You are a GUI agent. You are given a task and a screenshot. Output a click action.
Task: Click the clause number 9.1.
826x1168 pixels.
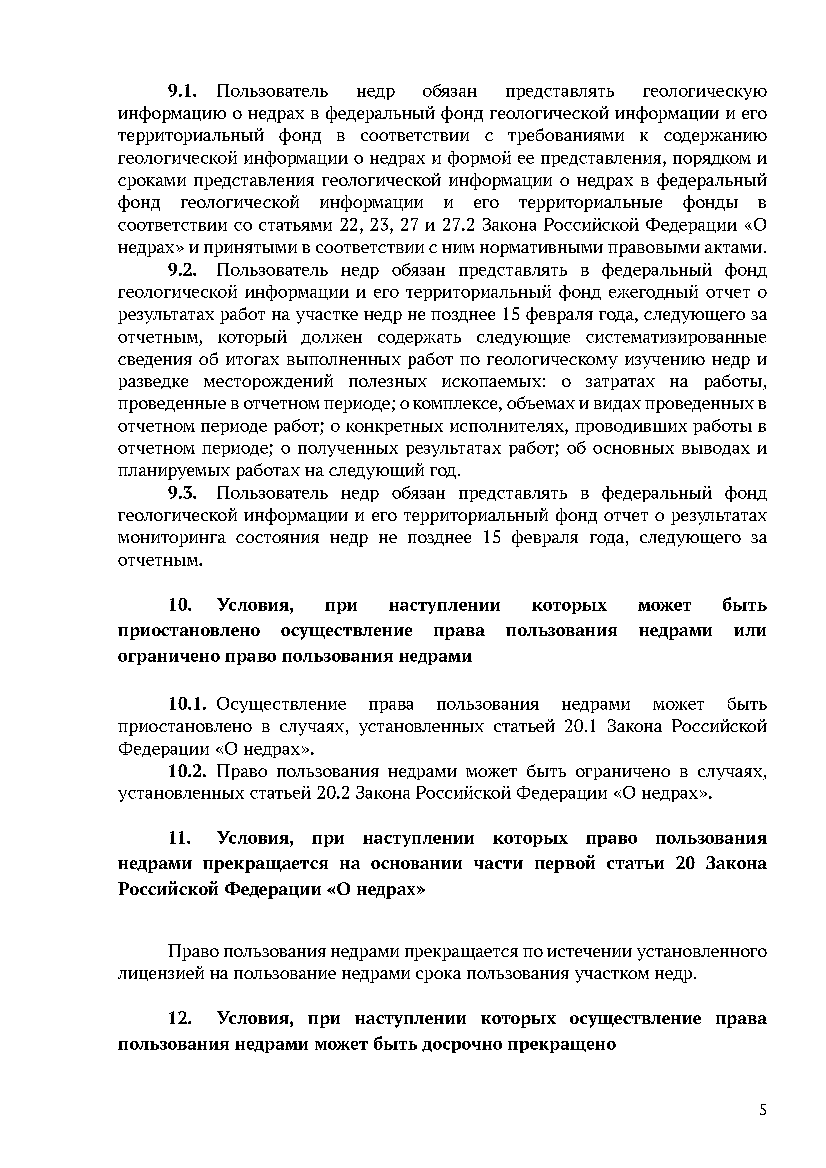click(x=182, y=91)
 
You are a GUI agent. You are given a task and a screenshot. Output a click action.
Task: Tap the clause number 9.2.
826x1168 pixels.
click(x=182, y=270)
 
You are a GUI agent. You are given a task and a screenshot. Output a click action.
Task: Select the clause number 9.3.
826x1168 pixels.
click(x=182, y=493)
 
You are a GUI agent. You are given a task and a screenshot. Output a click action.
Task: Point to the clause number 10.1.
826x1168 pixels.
click(x=187, y=704)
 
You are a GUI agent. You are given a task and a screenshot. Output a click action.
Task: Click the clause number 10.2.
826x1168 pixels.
click(x=187, y=771)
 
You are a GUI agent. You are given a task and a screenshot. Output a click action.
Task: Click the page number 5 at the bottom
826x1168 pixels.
click(x=763, y=1110)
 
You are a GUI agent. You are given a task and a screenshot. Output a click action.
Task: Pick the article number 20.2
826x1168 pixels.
click(x=333, y=793)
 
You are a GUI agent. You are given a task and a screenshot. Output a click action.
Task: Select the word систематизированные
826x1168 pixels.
click(x=676, y=337)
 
